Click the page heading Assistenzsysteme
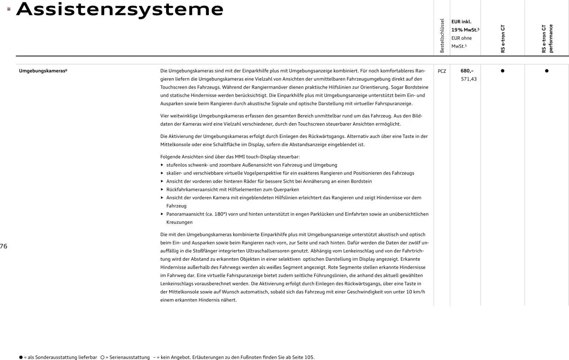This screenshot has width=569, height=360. click(120, 9)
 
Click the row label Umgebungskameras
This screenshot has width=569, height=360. click(43, 71)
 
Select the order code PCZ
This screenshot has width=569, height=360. click(442, 71)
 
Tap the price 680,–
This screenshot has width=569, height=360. click(467, 71)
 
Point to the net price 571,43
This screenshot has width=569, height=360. click(468, 79)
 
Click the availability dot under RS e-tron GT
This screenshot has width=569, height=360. click(503, 71)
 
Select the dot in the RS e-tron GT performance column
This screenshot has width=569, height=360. click(547, 71)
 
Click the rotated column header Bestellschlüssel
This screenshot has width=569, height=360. click(442, 36)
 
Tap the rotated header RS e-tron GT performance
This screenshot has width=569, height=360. click(547, 39)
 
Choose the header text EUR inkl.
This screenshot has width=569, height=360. click(461, 22)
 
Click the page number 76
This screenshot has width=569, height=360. click(4, 246)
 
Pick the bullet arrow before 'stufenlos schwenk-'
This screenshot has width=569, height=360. click(162, 165)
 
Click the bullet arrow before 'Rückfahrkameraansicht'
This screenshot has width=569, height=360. click(162, 190)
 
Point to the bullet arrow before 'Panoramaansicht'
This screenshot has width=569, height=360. click(162, 214)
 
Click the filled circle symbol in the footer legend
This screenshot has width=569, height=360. click(21, 357)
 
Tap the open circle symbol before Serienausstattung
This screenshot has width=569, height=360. click(102, 357)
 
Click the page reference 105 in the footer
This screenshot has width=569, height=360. click(309, 357)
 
